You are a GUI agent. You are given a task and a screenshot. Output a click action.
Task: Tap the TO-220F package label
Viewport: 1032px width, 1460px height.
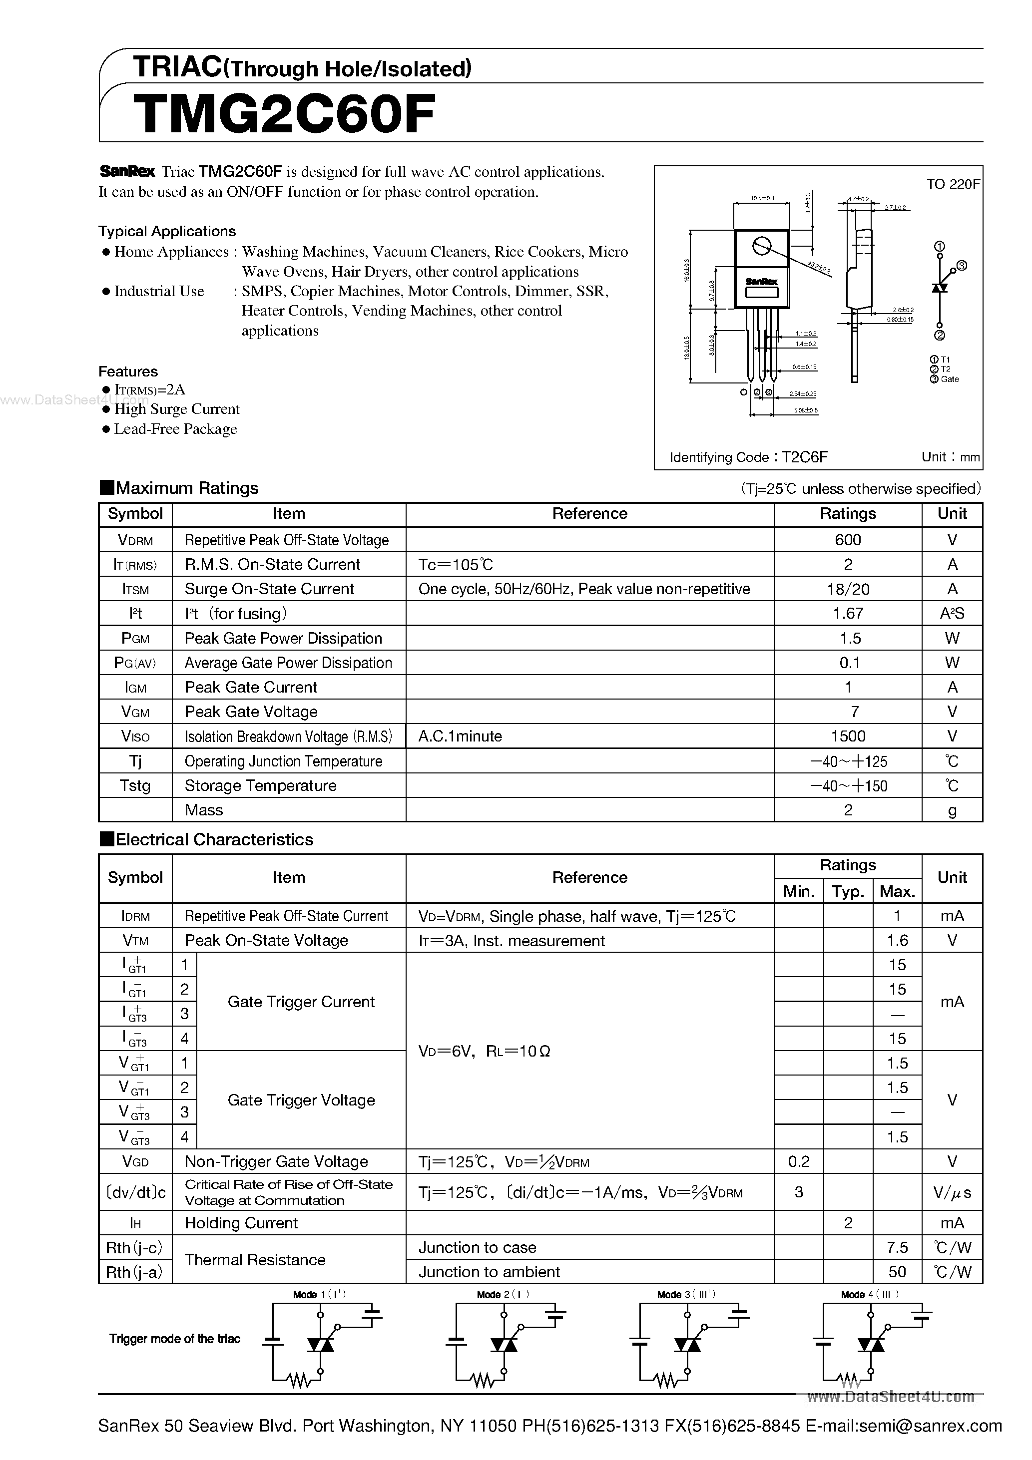pos(953,184)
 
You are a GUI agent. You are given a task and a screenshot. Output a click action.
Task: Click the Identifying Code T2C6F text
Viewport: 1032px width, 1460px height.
pos(748,457)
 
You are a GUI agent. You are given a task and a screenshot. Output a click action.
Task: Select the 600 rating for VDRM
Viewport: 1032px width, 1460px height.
pos(848,540)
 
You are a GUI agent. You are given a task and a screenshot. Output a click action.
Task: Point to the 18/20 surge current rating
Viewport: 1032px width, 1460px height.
pos(848,589)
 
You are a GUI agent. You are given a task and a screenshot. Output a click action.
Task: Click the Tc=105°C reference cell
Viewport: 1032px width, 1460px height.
pos(456,565)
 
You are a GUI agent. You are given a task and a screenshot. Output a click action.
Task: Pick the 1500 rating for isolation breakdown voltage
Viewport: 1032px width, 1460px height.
pos(848,736)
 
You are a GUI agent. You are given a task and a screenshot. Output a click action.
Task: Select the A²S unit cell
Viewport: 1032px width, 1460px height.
pos(952,614)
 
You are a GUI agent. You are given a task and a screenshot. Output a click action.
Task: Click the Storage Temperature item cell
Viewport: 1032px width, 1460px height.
pos(260,786)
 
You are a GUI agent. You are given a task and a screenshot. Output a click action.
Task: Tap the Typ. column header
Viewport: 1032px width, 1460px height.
pos(848,891)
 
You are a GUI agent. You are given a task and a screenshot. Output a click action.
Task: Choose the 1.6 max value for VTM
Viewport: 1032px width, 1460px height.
pos(897,941)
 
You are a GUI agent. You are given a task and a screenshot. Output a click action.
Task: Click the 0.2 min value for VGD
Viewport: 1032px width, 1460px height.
pos(799,1162)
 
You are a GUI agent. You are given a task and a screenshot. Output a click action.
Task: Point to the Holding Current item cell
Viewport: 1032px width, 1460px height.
pos(241,1223)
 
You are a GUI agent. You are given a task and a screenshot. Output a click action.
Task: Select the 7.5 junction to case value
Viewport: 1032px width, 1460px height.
pos(897,1248)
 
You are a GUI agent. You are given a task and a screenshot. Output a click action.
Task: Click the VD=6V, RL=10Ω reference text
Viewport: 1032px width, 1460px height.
pos(484,1051)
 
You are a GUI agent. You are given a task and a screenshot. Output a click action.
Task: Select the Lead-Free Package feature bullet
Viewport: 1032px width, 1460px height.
pos(175,429)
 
